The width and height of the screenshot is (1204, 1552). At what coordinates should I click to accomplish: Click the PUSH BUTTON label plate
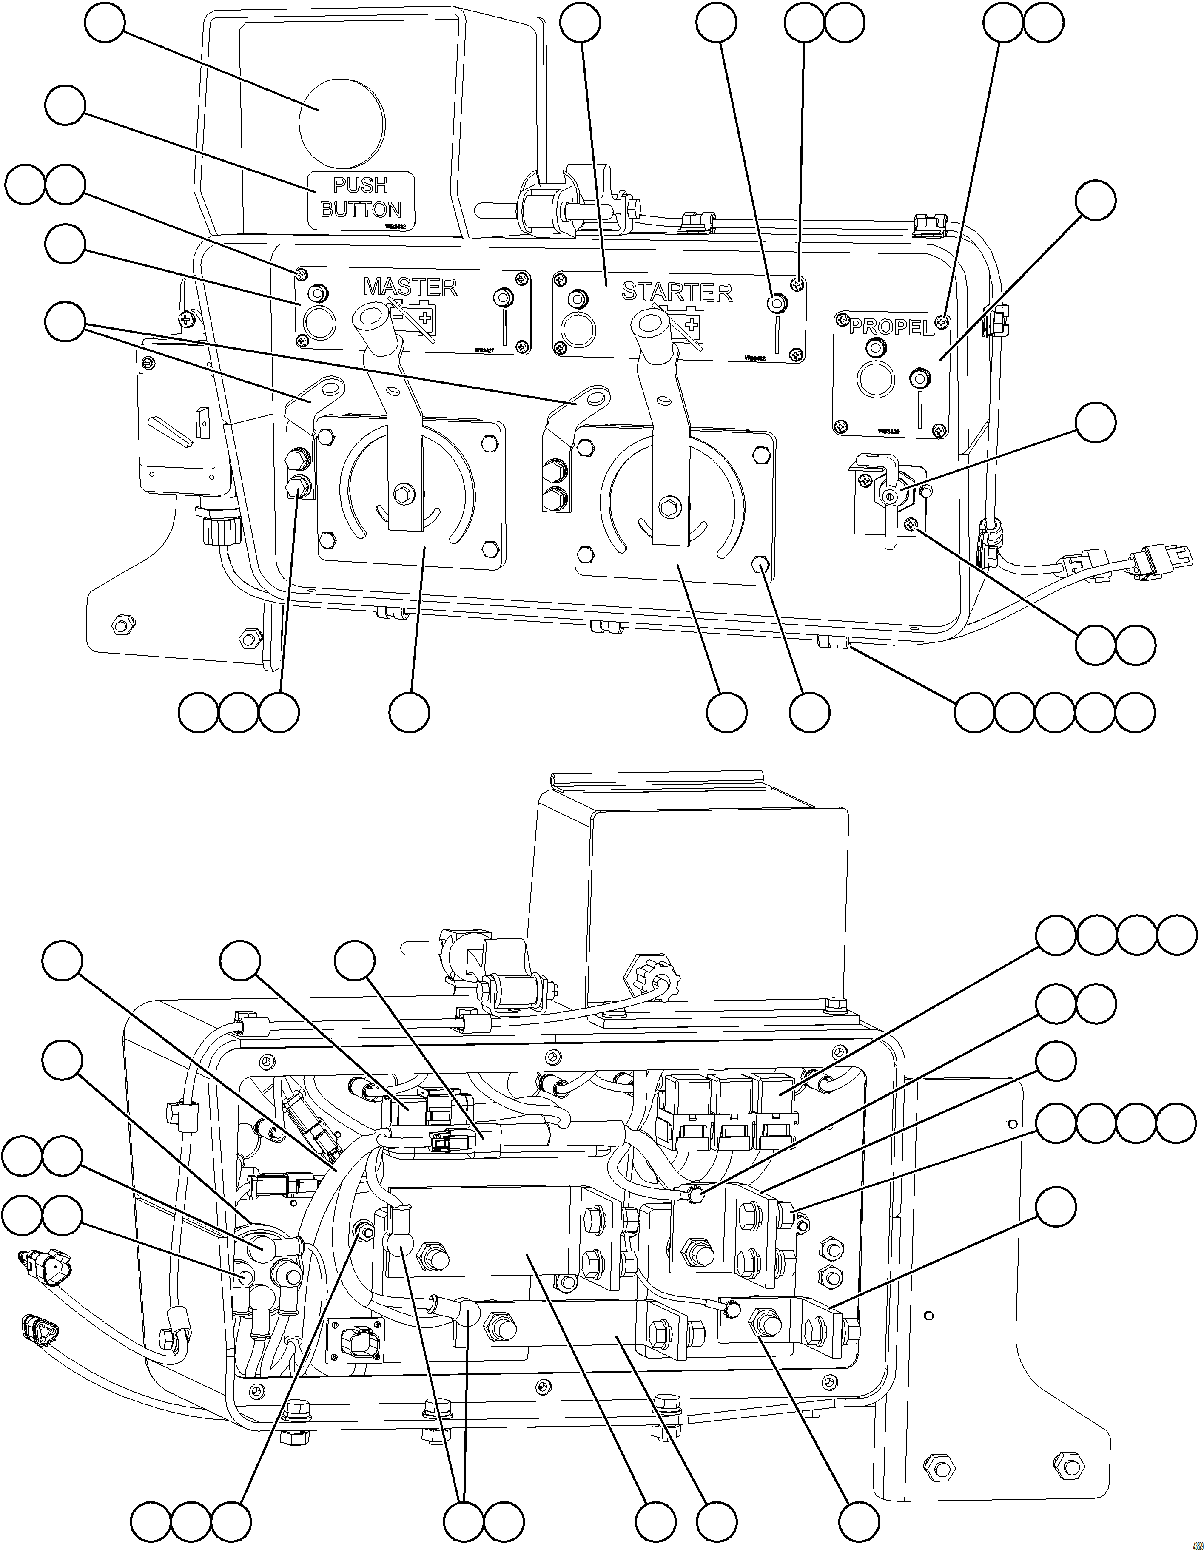(360, 199)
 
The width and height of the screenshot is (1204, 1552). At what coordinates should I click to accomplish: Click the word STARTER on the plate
(676, 292)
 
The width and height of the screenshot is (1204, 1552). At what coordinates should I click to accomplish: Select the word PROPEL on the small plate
(891, 327)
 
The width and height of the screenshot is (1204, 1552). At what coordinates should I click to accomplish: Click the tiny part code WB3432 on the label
(395, 225)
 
